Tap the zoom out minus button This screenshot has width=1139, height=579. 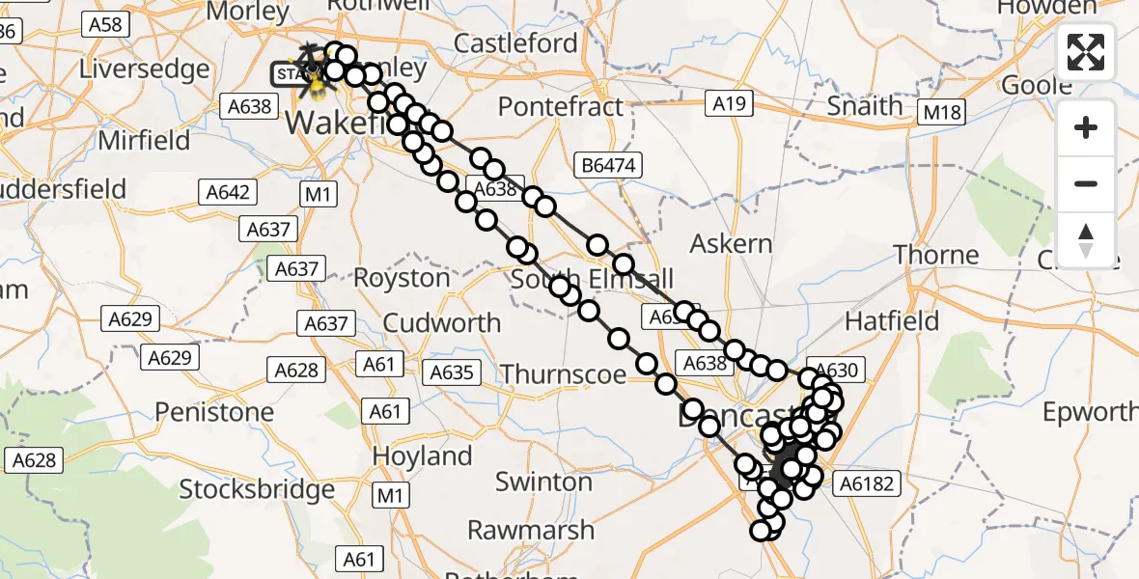click(x=1086, y=183)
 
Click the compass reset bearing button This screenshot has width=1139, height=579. click(x=1086, y=239)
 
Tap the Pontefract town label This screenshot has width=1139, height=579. click(x=561, y=106)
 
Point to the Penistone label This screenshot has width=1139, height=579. click(x=214, y=412)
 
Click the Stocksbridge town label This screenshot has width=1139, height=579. click(x=257, y=489)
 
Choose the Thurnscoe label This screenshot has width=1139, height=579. click(x=564, y=373)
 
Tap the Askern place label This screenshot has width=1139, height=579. click(x=732, y=243)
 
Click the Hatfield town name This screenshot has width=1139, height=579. click(x=892, y=319)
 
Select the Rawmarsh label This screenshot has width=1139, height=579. click(x=531, y=530)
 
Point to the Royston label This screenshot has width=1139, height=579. click(x=402, y=278)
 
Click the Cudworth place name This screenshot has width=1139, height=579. click(x=442, y=322)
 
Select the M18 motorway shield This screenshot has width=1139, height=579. click(x=942, y=113)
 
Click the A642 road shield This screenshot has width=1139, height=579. click(x=228, y=192)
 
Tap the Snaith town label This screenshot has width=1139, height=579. click(x=865, y=105)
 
